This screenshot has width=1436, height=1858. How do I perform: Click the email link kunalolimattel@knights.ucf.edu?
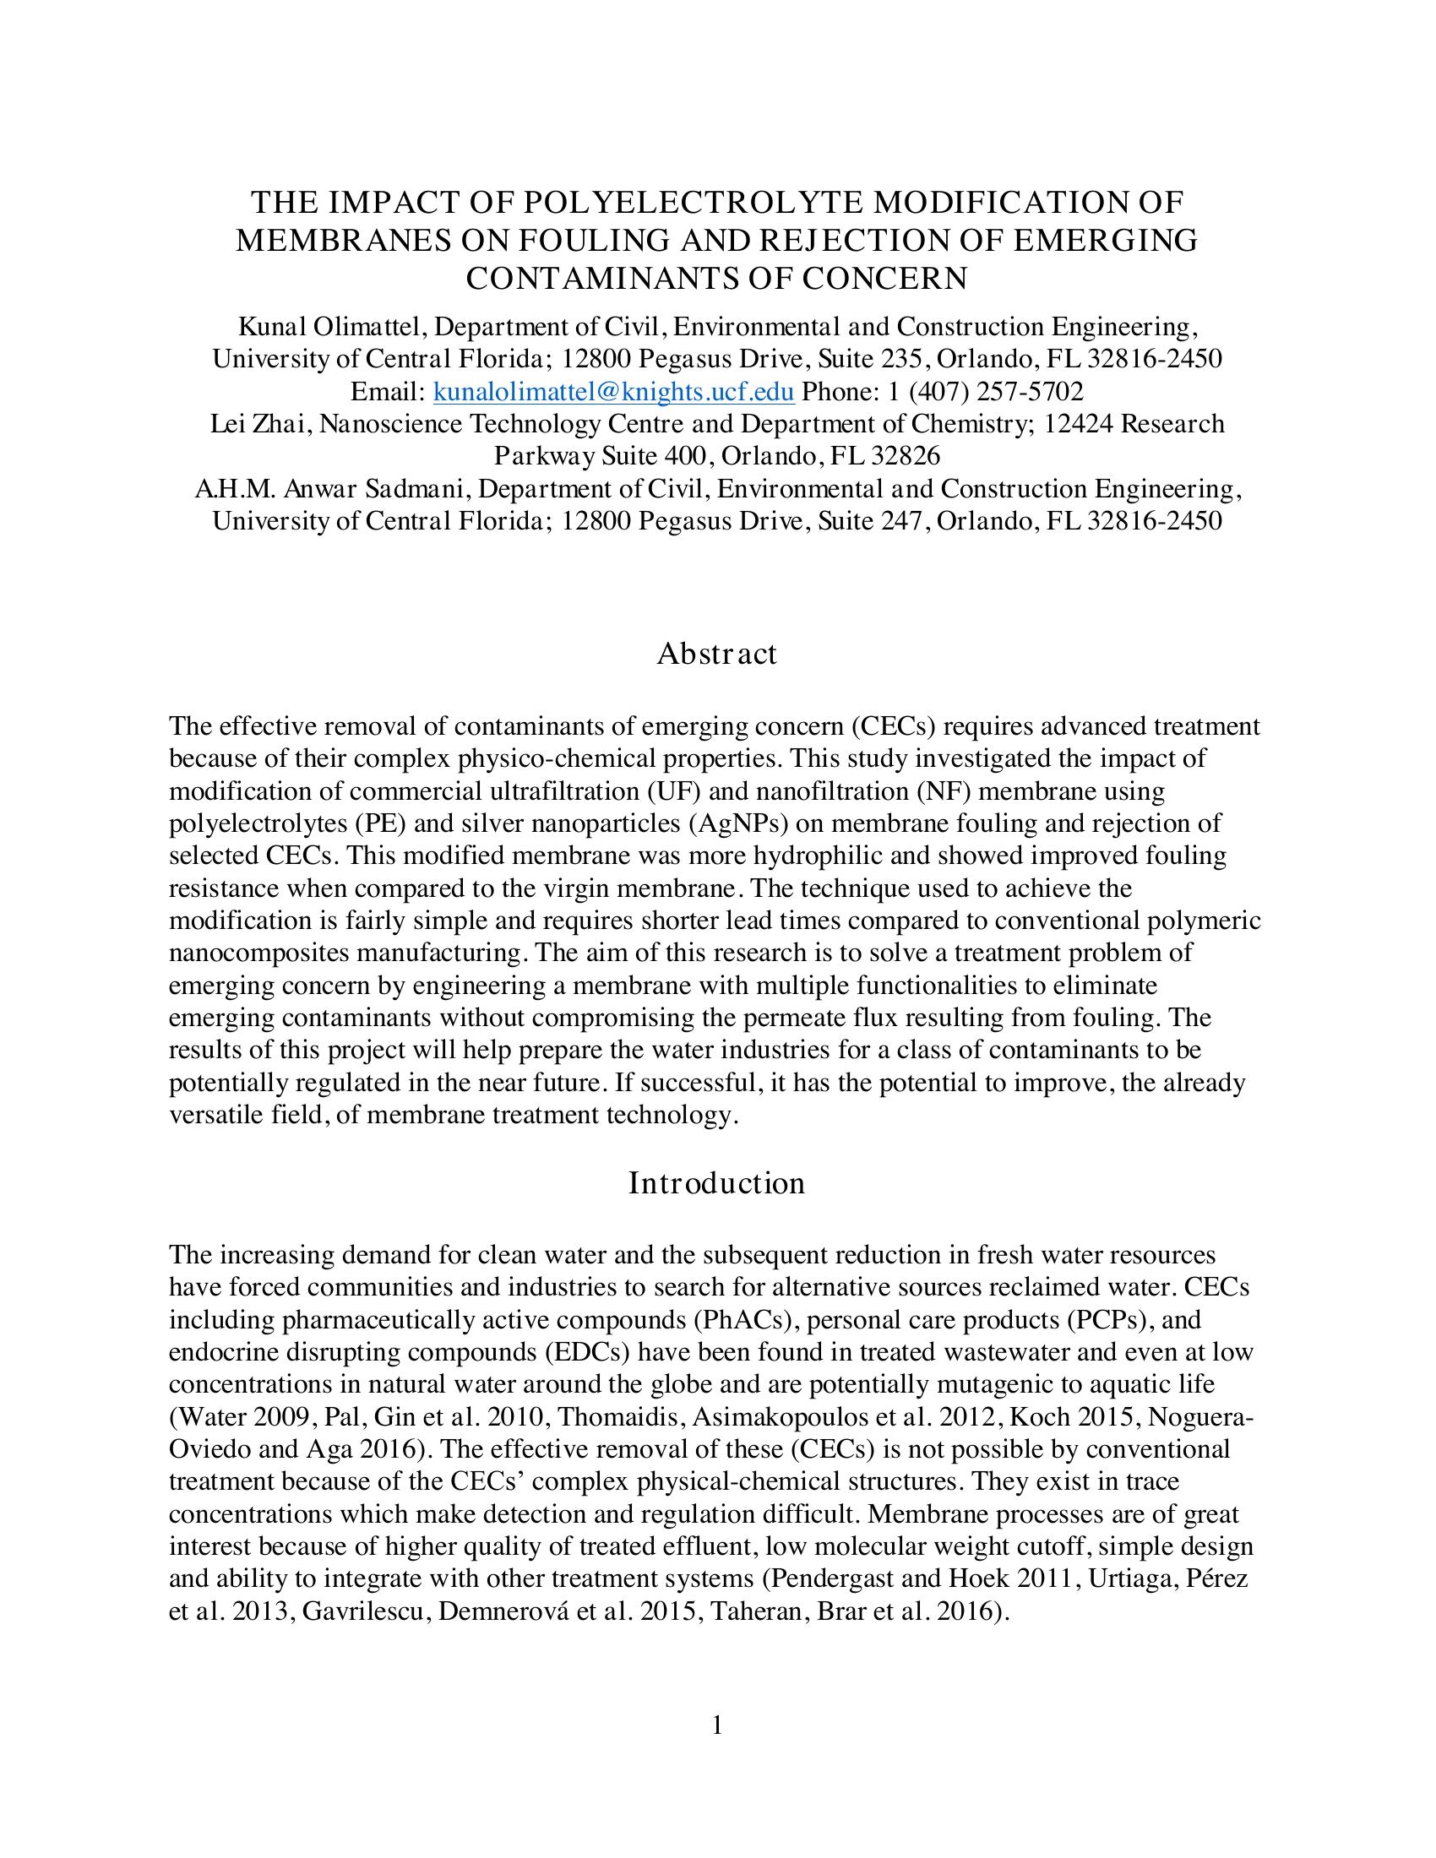click(614, 391)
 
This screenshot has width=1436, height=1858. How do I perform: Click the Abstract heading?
click(717, 654)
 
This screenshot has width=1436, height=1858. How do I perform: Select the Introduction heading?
click(717, 1182)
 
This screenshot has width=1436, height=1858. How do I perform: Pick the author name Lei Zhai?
click(258, 424)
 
